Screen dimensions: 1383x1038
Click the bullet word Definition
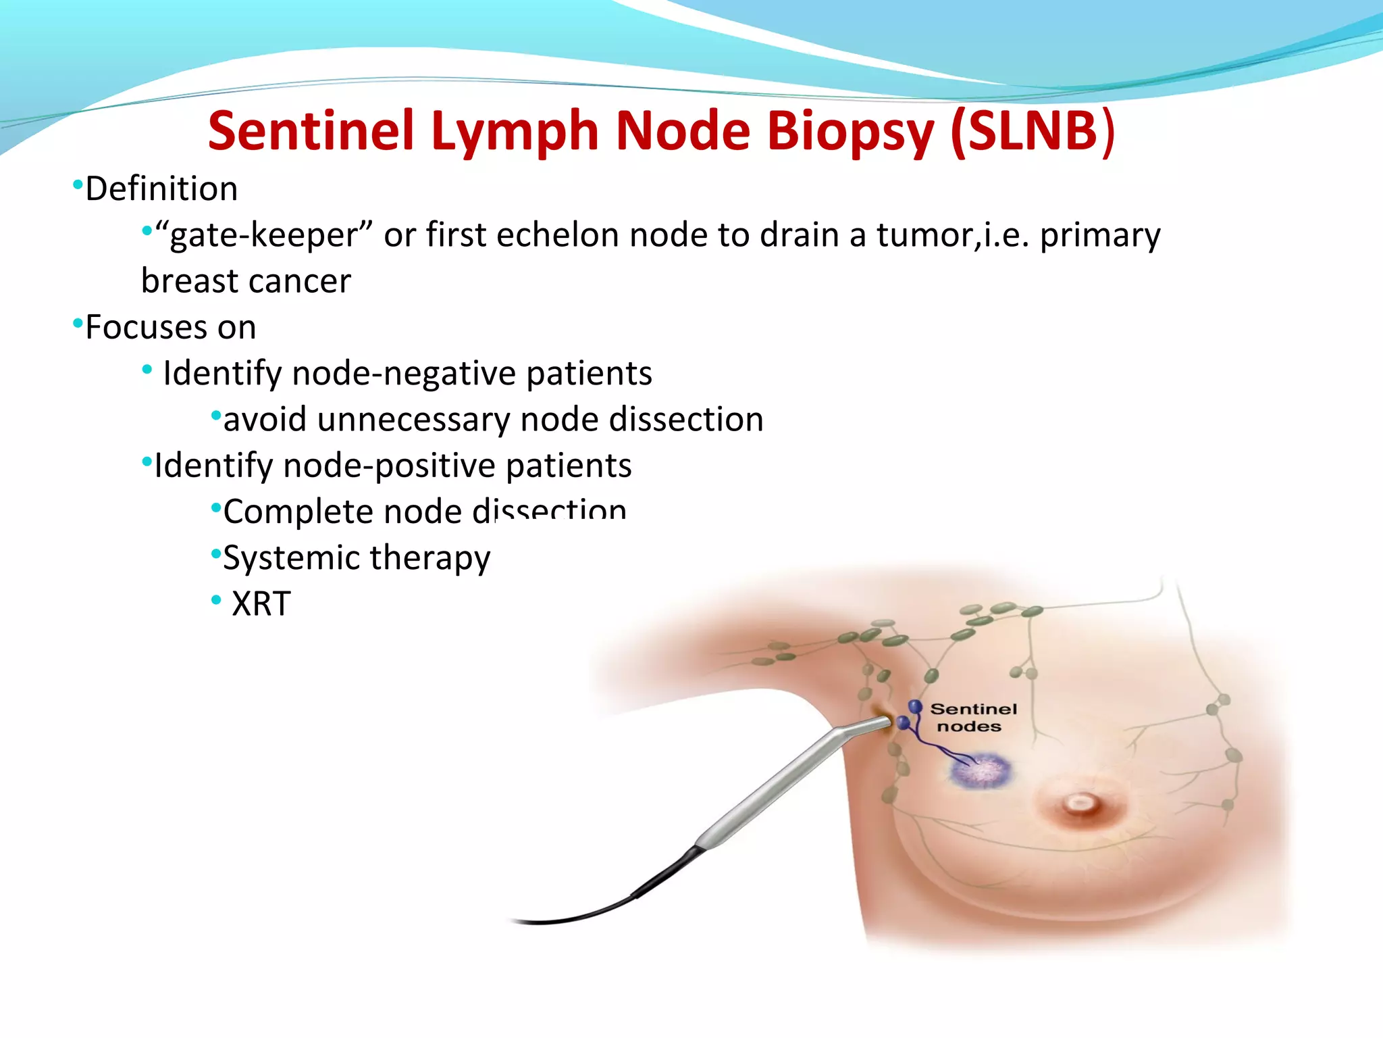161,189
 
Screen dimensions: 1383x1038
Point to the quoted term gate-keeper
263,236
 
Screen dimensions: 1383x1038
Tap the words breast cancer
246,281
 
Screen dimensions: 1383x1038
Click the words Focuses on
170,328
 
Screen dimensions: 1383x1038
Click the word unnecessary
414,420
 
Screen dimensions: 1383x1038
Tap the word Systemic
292,558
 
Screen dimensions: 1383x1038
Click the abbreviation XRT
261,604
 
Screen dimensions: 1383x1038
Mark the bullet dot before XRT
216,599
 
